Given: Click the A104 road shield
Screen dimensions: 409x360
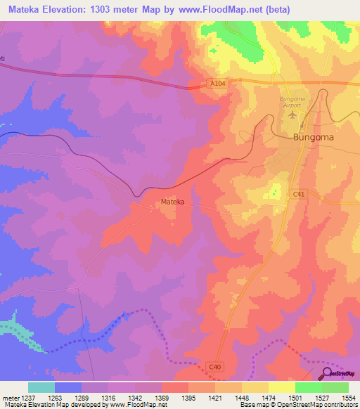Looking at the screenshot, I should coord(219,83).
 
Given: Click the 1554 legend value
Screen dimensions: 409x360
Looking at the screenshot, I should coord(349,397).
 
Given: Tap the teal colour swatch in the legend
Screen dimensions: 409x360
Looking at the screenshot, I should coord(41,387).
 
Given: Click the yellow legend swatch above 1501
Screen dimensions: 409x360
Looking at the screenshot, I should coord(282,387).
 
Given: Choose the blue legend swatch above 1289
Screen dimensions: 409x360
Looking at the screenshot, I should coord(68,387).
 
